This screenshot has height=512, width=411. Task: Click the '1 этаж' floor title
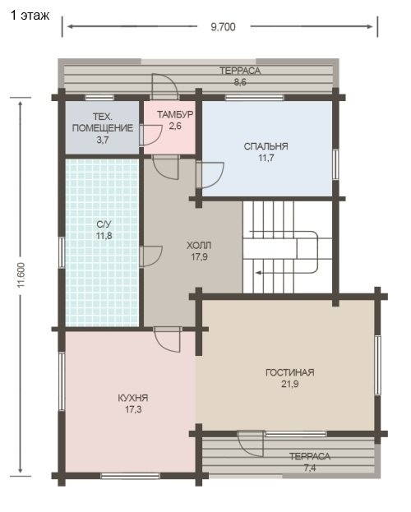click(30, 16)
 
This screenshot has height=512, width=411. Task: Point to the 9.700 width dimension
click(223, 27)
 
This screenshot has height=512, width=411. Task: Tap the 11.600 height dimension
click(21, 275)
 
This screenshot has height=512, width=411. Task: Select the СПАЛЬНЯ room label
click(266, 146)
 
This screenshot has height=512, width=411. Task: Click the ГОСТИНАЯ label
click(290, 372)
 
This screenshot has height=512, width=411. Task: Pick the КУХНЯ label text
click(133, 398)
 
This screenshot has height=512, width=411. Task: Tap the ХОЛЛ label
click(199, 245)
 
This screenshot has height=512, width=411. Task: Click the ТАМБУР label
click(175, 114)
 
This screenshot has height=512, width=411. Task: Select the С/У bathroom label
click(104, 224)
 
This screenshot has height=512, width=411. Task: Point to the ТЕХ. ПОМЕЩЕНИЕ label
click(103, 122)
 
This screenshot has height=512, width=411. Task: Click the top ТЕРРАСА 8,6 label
click(240, 76)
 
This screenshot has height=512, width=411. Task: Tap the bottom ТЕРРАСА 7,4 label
click(310, 462)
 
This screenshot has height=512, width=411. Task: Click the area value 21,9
click(290, 384)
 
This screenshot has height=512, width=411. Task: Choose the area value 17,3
click(133, 409)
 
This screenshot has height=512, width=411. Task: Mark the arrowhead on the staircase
click(259, 273)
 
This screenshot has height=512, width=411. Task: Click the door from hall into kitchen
click(167, 339)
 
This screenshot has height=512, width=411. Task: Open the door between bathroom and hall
click(151, 256)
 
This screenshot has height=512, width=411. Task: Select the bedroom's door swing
click(210, 175)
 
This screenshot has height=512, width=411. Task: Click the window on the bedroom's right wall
click(335, 164)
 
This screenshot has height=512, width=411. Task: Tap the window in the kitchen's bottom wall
click(130, 476)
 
